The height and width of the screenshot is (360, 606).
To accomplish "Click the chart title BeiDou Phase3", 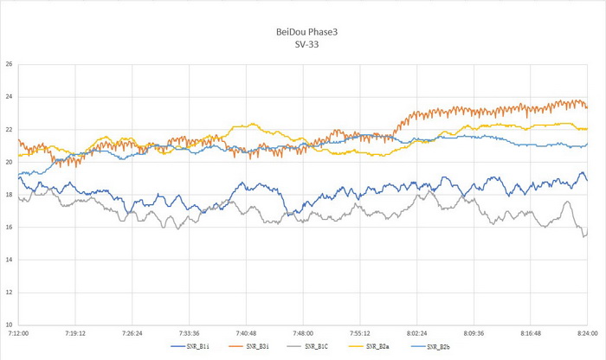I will point(302,31).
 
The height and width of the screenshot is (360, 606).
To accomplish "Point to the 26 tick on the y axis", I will point(8,64).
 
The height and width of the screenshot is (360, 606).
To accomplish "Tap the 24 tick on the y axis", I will point(8,97).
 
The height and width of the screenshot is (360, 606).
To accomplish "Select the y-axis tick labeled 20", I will point(8,162).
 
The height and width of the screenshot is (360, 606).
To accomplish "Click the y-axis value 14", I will point(8,260).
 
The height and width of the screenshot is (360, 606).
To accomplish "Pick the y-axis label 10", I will point(8,325).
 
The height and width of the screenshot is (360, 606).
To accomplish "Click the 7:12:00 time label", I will point(18,333).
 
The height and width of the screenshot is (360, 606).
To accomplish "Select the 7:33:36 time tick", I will point(189,333).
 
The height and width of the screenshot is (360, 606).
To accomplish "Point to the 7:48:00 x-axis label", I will point(303,333).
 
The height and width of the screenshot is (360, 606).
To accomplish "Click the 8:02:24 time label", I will point(416,333).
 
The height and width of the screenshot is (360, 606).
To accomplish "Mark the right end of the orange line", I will point(587,107).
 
